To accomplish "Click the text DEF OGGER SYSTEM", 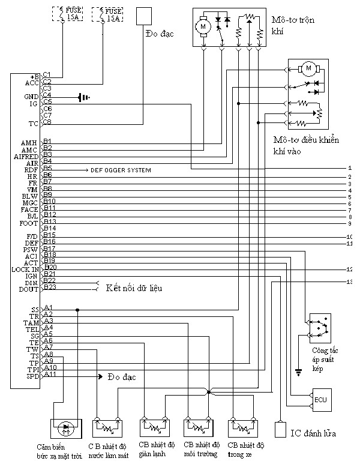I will point(121,170).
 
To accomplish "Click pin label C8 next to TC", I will point(47,122).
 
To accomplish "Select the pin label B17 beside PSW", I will point(49,249).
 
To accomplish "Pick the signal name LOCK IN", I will point(25,270).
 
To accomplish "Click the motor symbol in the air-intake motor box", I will point(309,69).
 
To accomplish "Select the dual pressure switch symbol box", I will point(319,327).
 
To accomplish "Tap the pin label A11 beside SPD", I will point(50,375).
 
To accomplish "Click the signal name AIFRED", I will point(26,156).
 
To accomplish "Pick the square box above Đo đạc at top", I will point(145,16).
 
